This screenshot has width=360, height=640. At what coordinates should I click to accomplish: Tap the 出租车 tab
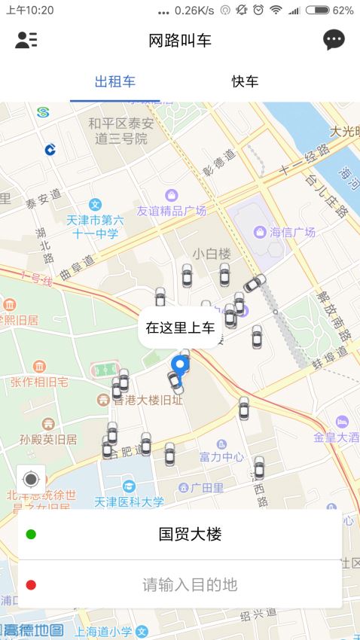click(115, 82)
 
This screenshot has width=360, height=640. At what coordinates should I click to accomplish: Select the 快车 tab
click(245, 82)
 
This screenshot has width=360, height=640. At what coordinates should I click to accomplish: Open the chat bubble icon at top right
click(334, 40)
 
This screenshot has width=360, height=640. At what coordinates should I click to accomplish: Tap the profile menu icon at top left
click(26, 40)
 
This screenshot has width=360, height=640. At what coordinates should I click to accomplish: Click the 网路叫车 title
click(180, 41)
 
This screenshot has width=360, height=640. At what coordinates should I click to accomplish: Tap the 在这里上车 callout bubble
click(180, 328)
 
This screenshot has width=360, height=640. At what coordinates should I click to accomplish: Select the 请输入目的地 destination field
click(189, 584)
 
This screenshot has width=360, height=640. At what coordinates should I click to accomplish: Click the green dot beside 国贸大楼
click(31, 535)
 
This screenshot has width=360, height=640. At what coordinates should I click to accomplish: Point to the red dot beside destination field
click(31, 584)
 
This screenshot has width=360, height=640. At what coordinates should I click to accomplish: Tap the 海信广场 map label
click(292, 232)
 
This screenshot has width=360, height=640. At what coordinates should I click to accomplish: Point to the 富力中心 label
click(221, 456)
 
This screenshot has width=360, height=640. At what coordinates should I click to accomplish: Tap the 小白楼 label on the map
click(211, 254)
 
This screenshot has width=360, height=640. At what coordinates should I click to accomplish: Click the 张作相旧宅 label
click(43, 382)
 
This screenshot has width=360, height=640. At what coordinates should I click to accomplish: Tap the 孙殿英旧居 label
click(48, 439)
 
